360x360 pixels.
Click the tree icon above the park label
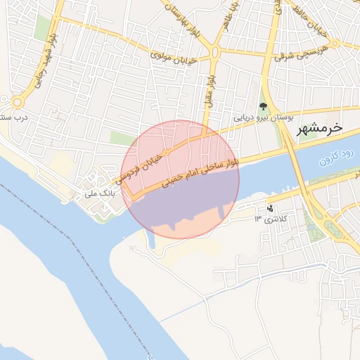[263, 107]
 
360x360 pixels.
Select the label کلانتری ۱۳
[267, 219]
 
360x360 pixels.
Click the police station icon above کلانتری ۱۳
[270, 209]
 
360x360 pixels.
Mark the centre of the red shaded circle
[181, 179]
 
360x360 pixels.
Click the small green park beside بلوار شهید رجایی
[43, 28]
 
